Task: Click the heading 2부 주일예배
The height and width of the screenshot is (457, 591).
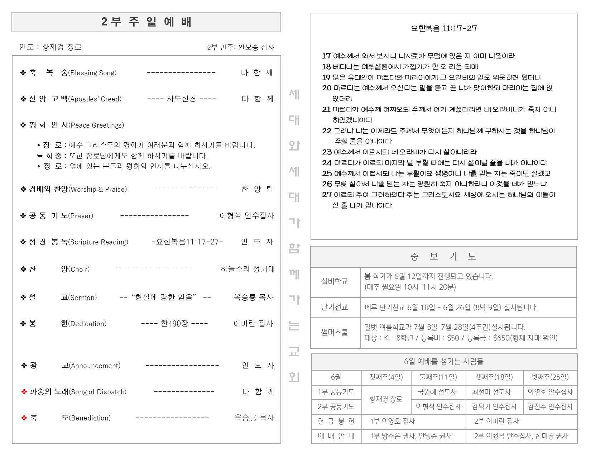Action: pyautogui.click(x=146, y=22)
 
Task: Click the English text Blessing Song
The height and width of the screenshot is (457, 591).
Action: pyautogui.click(x=93, y=73)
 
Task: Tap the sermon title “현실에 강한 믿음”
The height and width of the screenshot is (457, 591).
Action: pyautogui.click(x=164, y=297)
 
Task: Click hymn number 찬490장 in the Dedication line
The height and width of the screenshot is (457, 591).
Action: pyautogui.click(x=174, y=324)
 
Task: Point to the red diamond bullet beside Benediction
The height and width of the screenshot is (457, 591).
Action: pyautogui.click(x=24, y=418)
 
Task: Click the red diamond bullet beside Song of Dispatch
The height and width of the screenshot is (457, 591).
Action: pyautogui.click(x=24, y=392)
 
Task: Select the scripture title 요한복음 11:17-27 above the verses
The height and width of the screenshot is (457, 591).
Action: pyautogui.click(x=444, y=28)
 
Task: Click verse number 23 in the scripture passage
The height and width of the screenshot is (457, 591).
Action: pyautogui.click(x=327, y=152)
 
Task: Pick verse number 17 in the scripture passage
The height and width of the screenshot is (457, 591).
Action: pyautogui.click(x=326, y=56)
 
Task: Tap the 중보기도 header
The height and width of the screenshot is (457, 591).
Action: pyautogui.click(x=443, y=256)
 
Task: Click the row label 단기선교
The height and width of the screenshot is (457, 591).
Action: pyautogui.click(x=335, y=307)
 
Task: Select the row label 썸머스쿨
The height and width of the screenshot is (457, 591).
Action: pyautogui.click(x=335, y=333)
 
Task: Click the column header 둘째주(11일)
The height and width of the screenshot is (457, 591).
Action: pyautogui.click(x=438, y=377)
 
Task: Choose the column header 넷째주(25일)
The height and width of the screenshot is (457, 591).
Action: pyautogui.click(x=550, y=377)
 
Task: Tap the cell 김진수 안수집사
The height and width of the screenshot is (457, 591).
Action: pyautogui.click(x=550, y=406)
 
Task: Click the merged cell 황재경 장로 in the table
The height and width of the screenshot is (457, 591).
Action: pyautogui.click(x=386, y=399)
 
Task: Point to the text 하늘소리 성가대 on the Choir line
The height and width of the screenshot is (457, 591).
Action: pyautogui.click(x=248, y=269)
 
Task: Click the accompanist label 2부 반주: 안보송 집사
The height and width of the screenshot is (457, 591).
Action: pyautogui.click(x=240, y=47)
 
